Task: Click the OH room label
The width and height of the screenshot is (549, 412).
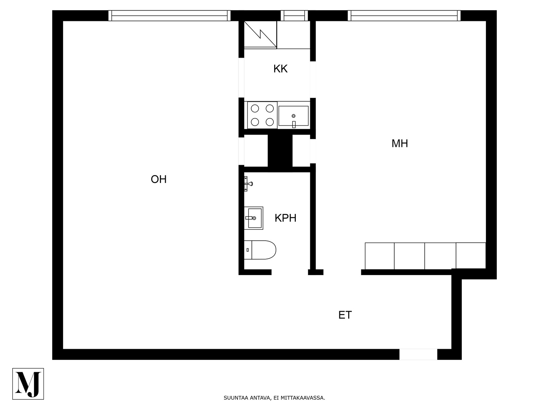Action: click(x=159, y=179)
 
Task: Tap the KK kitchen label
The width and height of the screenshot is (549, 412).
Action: click(x=280, y=69)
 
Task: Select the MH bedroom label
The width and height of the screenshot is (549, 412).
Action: click(x=400, y=144)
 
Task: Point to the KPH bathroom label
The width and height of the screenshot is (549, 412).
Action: click(x=285, y=218)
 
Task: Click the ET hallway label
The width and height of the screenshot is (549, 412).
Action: click(x=345, y=315)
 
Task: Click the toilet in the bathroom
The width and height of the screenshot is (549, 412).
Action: click(x=260, y=250)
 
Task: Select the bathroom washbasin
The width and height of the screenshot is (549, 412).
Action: click(x=253, y=218)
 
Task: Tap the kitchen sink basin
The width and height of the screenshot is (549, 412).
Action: click(x=294, y=116)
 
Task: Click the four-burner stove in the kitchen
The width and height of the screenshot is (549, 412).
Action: click(x=262, y=115)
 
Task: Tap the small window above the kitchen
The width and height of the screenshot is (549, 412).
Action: click(x=294, y=15)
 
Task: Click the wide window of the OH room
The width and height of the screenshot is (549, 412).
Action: click(x=169, y=15)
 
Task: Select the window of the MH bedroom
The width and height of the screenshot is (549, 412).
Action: click(x=404, y=15)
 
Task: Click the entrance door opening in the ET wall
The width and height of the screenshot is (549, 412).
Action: click(x=418, y=354)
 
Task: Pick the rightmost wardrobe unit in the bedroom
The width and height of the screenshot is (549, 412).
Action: click(x=471, y=256)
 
